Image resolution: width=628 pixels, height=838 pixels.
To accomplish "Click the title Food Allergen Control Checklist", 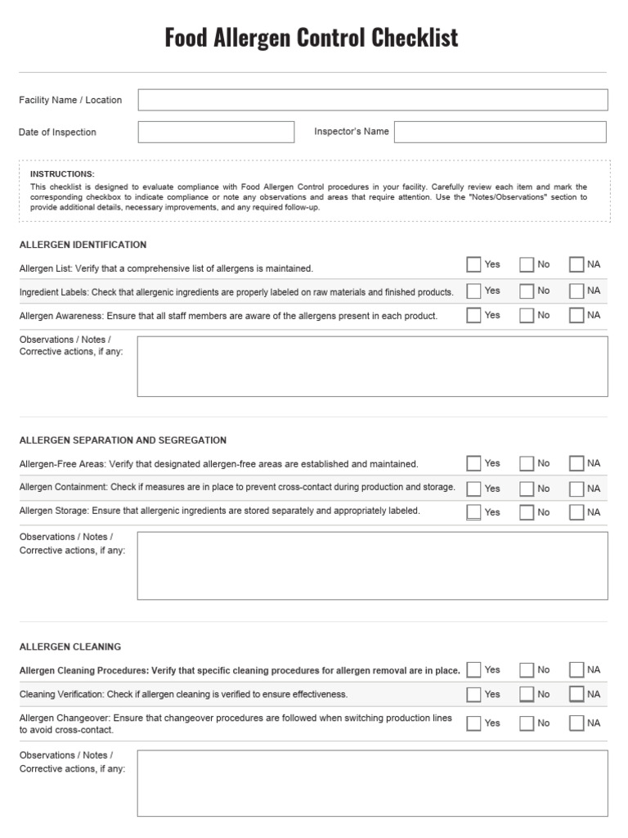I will pyautogui.click(x=312, y=38).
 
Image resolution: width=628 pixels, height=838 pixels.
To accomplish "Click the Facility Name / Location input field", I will pyautogui.click(x=372, y=100).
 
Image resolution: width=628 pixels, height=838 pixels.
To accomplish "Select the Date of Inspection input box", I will pyautogui.click(x=216, y=132).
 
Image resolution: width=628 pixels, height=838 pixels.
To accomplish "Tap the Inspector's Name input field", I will pyautogui.click(x=500, y=132).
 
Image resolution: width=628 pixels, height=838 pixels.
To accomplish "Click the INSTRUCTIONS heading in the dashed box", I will pyautogui.click(x=62, y=174).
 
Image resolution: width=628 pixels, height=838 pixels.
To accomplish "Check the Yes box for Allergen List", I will pyautogui.click(x=473, y=264).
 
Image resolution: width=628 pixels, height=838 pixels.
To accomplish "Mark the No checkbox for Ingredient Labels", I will pyautogui.click(x=527, y=291).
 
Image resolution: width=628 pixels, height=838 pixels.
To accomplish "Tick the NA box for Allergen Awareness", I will pyautogui.click(x=576, y=315).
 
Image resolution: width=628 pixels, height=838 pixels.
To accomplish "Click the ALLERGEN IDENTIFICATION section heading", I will pyautogui.click(x=83, y=245).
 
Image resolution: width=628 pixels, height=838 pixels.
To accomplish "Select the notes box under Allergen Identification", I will pyautogui.click(x=372, y=366).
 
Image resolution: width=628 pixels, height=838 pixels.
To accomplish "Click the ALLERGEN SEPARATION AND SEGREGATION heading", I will pyautogui.click(x=123, y=440).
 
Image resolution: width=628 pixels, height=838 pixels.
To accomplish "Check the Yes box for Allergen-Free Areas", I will pyautogui.click(x=473, y=463).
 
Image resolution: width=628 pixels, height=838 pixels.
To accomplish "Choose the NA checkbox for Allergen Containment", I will pyautogui.click(x=576, y=489).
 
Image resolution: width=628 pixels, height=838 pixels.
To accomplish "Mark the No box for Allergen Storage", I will pyautogui.click(x=527, y=512).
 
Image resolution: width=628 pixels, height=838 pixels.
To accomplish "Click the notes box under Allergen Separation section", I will pyautogui.click(x=372, y=565).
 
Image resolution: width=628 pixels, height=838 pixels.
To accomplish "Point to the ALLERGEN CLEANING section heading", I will pyautogui.click(x=70, y=647).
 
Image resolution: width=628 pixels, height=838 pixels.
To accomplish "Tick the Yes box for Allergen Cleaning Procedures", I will pyautogui.click(x=473, y=669).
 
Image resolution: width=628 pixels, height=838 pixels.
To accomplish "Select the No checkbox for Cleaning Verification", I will pyautogui.click(x=527, y=694).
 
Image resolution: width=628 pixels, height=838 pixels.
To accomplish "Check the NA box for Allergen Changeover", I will pyautogui.click(x=576, y=723).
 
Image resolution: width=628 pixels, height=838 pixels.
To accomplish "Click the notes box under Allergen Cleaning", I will pyautogui.click(x=372, y=783).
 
